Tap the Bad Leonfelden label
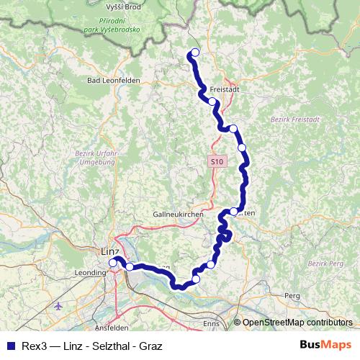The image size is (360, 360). [113, 80]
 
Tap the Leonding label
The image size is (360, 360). [90, 273]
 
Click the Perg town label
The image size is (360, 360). [292, 295]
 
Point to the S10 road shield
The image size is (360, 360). [218, 163]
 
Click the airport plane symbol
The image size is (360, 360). [58, 306]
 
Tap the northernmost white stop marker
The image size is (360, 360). [194, 52]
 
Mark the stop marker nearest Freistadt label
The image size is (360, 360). [212, 102]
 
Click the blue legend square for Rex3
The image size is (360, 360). [10, 344]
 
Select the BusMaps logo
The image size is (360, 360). [325, 344]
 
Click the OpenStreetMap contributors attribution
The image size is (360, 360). [297, 323]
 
